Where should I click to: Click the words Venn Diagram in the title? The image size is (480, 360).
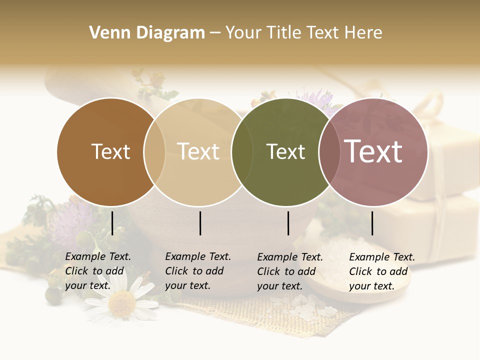tap(147, 33)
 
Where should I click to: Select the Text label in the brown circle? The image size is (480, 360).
tap(110, 151)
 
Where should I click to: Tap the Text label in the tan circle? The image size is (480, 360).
tap(198, 151)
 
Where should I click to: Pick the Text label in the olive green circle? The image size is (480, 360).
tap(285, 151)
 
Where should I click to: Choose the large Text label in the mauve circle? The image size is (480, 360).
tap(373, 151)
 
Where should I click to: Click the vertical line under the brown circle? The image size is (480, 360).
tap(112, 223)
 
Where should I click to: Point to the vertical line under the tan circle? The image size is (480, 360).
tap(200, 223)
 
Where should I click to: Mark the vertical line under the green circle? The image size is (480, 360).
tap(288, 223)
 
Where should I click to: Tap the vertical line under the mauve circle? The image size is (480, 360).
tap(372, 223)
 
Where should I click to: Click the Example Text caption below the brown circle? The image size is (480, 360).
tap(98, 271)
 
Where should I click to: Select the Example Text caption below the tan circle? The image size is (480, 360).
tap(198, 271)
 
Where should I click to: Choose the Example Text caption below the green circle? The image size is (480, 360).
tap(290, 271)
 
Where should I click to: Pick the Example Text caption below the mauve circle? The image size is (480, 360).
tap(382, 271)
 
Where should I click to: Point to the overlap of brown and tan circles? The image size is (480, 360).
tap(154, 152)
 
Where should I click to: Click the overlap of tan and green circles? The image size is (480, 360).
tap(242, 152)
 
